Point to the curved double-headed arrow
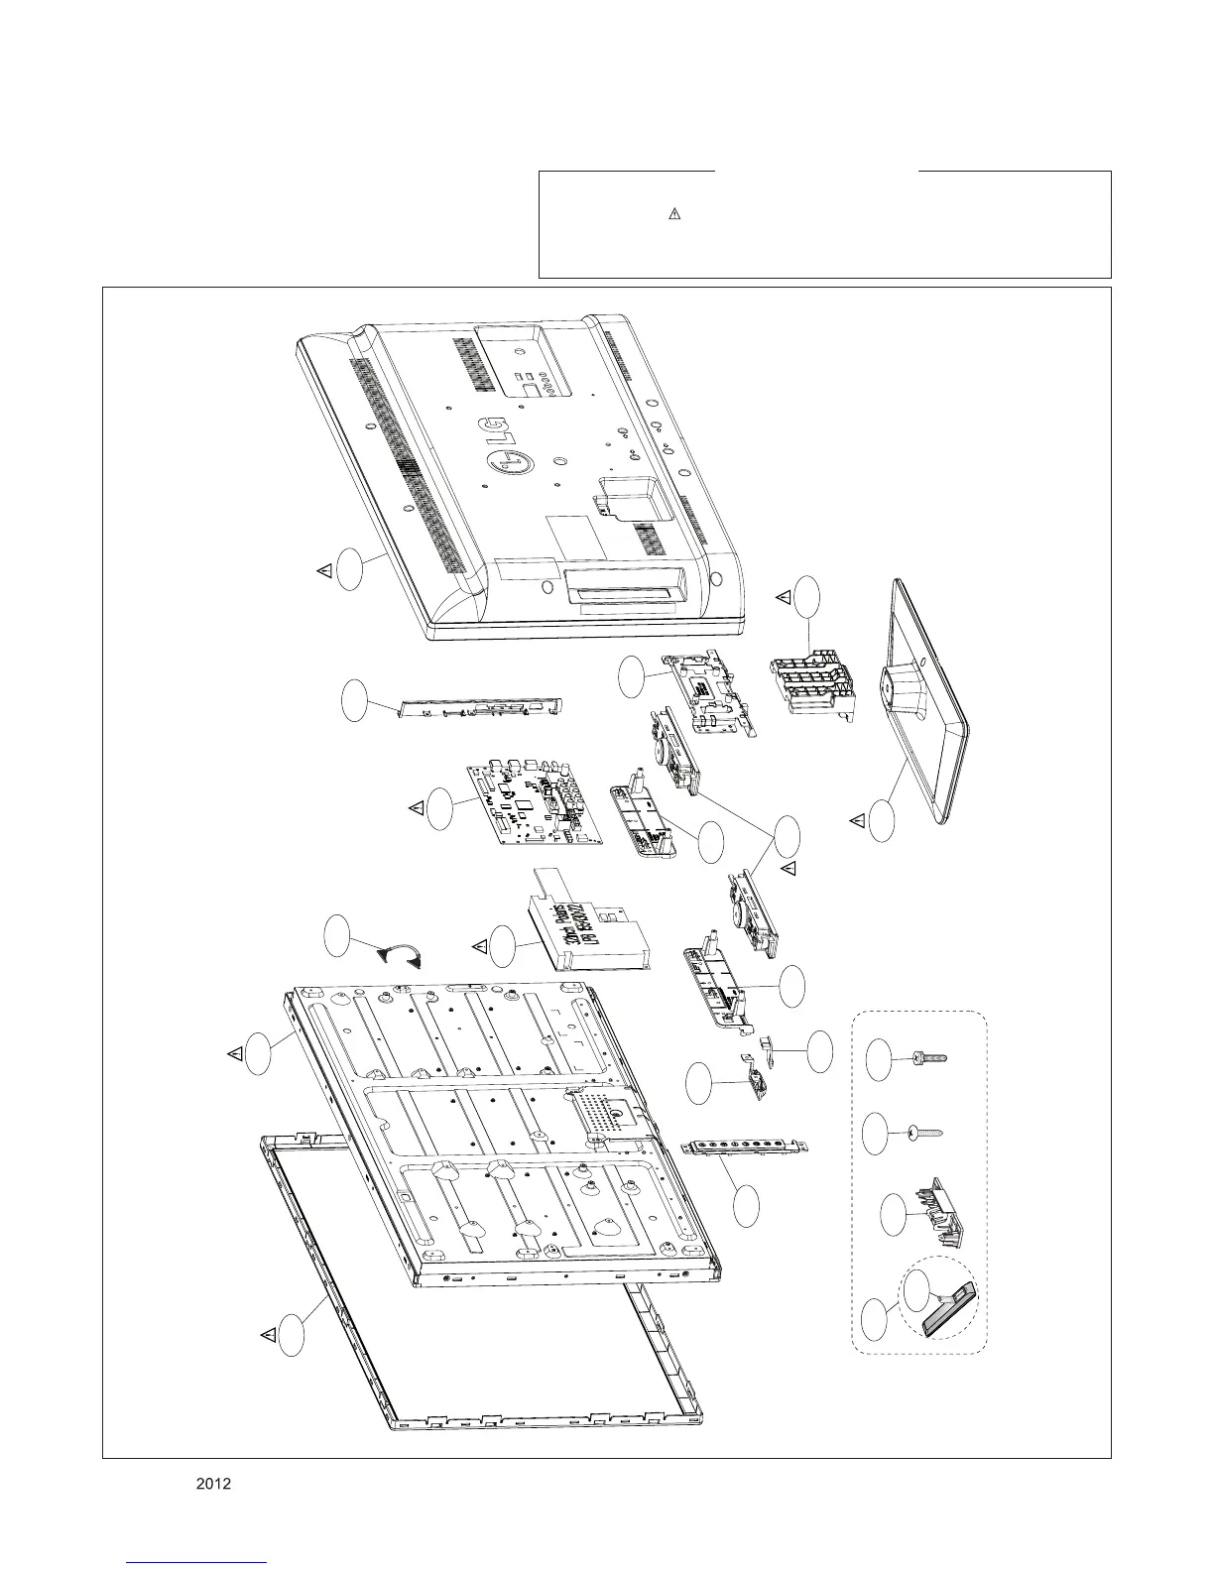tap(402, 955)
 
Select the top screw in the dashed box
tap(928, 1058)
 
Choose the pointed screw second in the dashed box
tap(923, 1131)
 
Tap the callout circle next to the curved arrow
tap(337, 938)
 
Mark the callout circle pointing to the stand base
tap(881, 821)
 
